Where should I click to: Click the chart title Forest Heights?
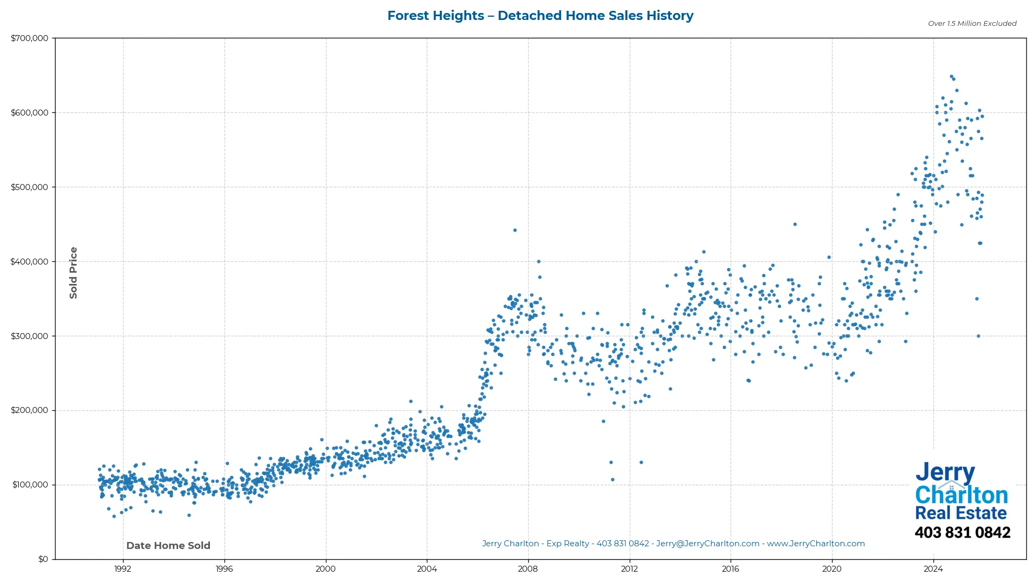[540, 16]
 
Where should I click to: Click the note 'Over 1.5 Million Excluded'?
[972, 23]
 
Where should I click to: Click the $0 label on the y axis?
[43, 559]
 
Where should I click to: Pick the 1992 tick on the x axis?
[123, 569]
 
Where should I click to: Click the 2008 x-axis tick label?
[528, 569]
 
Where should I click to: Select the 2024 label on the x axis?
[933, 569]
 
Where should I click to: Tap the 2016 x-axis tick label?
[731, 569]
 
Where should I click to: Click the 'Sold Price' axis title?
[73, 273]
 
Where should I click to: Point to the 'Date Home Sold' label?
[168, 546]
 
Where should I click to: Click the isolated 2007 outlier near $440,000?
[515, 231]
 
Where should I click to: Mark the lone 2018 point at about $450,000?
[795, 225]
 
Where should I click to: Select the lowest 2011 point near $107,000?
[612, 480]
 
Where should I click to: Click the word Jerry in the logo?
[945, 473]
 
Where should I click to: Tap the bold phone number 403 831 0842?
[962, 533]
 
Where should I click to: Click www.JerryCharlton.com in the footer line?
[816, 544]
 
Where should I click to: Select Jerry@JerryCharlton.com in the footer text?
[707, 544]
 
